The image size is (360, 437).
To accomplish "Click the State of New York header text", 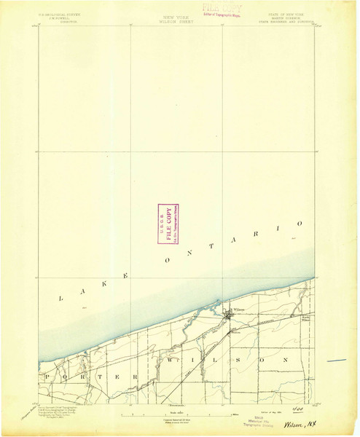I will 295,16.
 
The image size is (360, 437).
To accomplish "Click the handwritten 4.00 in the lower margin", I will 295,407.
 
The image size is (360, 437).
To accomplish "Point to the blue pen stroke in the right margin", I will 336,360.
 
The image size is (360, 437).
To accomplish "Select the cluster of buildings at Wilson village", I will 230,315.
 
